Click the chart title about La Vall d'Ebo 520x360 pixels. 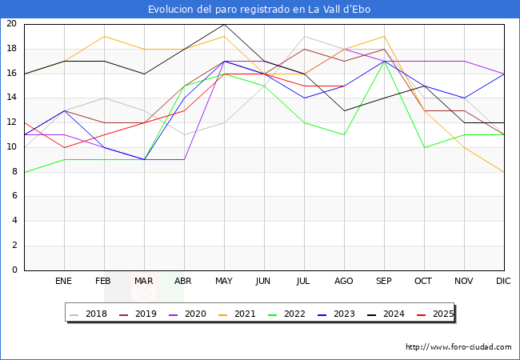(x=259, y=10)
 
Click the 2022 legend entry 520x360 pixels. (x=289, y=314)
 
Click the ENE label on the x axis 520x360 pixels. (x=64, y=282)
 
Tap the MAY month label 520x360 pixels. (x=224, y=282)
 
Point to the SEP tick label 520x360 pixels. (x=384, y=282)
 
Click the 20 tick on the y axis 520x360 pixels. (x=11, y=24)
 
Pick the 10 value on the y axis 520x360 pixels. (x=11, y=147)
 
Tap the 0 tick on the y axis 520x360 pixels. (x=14, y=270)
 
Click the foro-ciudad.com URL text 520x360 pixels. (x=458, y=347)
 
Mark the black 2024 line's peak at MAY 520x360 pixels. (x=224, y=24)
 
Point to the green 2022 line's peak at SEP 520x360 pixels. (x=384, y=61)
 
